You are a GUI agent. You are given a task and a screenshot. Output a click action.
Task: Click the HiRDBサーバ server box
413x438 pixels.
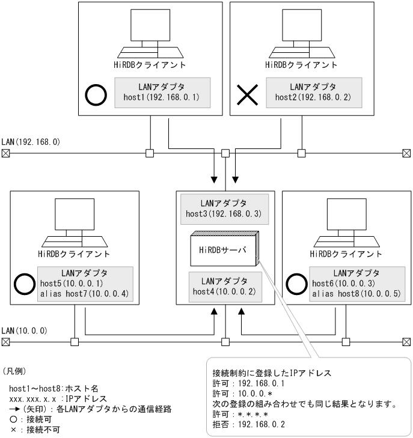223,249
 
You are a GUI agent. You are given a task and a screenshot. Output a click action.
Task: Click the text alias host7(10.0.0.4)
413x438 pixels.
87,293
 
